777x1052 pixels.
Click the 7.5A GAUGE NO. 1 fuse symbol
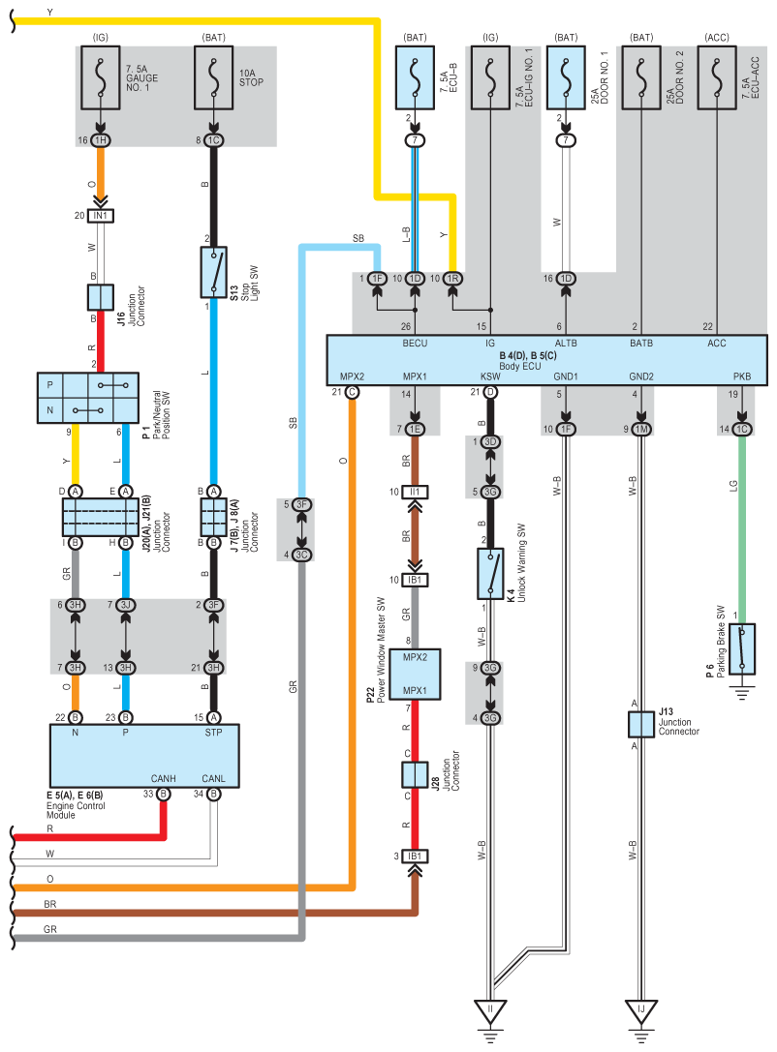point(101,77)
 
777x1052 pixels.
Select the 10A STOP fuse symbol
point(213,77)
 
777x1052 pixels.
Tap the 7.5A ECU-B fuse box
point(415,77)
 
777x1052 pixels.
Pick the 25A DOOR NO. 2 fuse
point(641,77)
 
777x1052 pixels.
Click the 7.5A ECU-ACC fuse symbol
point(717,77)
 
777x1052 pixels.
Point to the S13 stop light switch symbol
point(213,272)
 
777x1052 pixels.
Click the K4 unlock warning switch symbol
point(490,574)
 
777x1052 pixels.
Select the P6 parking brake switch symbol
point(742,648)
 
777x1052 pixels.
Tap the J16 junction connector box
point(101,297)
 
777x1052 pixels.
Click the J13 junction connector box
point(641,725)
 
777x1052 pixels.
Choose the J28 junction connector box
point(415,775)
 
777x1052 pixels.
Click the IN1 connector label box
point(101,216)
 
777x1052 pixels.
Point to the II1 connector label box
point(415,492)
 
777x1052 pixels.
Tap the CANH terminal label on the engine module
point(163,778)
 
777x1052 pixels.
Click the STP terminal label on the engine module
point(213,733)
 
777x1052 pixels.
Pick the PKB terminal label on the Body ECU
point(742,376)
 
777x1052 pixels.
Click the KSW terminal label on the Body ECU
point(490,376)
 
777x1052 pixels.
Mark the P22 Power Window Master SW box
point(415,675)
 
